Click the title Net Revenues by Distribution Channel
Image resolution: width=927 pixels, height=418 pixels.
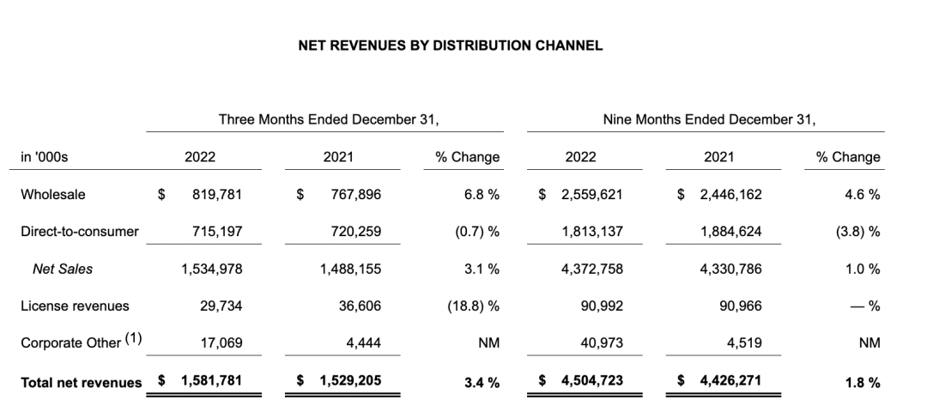point(450,45)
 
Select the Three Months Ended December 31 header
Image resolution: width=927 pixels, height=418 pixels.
point(329,119)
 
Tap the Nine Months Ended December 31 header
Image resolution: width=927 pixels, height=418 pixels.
point(709,119)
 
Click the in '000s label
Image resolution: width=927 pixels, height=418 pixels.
point(44,157)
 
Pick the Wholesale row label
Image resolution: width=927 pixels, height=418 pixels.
point(53,194)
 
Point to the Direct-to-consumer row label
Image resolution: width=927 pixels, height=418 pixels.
point(79,232)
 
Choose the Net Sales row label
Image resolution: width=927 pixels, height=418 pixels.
point(63,269)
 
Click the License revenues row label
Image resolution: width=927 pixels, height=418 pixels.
point(75,306)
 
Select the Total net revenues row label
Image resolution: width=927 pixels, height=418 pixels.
point(82,382)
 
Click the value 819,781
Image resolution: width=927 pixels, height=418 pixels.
point(218,194)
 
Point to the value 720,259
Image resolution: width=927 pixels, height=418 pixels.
point(355,232)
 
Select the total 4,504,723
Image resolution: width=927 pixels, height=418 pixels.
point(593,381)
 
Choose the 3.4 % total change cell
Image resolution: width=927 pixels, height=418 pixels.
point(482,382)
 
